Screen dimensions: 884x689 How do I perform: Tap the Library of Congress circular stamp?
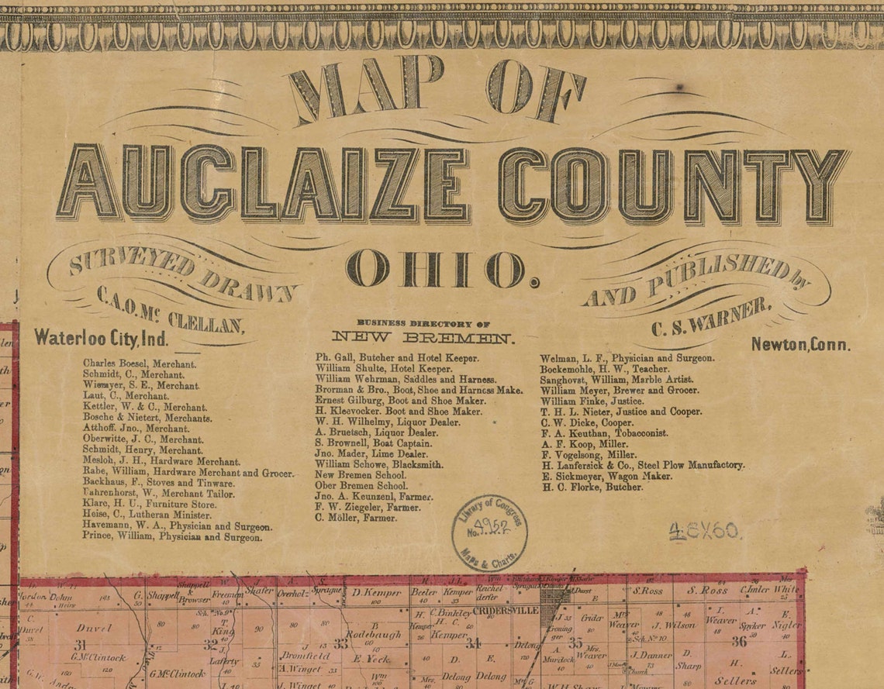(489, 532)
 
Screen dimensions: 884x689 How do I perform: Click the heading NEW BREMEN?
(423, 337)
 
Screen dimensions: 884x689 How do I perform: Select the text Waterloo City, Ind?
(101, 339)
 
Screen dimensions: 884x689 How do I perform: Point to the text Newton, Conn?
(800, 345)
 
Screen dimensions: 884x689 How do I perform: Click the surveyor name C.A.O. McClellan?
(171, 309)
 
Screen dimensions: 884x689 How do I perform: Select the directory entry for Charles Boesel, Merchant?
(140, 362)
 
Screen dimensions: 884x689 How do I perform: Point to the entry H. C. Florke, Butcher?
(592, 487)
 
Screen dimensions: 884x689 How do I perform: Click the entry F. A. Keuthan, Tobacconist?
(604, 433)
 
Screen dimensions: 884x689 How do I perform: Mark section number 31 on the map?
(80, 645)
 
